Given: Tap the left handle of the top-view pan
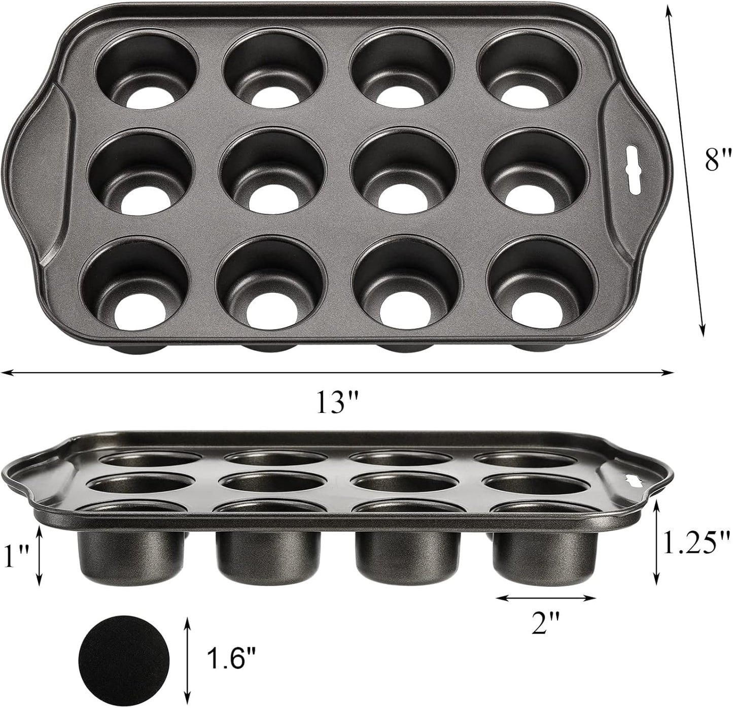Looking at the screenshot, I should click(x=36, y=162).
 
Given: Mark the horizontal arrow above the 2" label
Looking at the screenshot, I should click(x=546, y=598).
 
